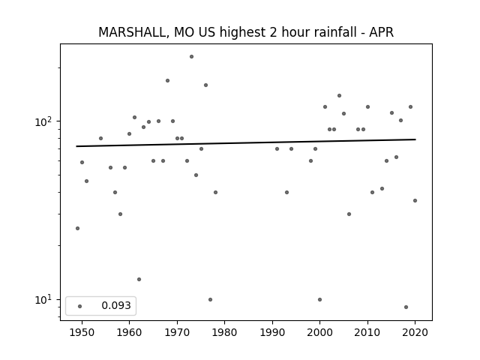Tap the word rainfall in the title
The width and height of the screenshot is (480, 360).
coord(336,32)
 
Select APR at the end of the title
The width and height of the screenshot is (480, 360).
coord(382,32)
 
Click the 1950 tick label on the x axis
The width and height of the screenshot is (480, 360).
coord(82,332)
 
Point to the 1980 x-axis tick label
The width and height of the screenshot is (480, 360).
coord(225,332)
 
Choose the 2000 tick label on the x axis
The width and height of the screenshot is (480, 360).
coord(320,332)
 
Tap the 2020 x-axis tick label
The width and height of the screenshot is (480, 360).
coord(415,332)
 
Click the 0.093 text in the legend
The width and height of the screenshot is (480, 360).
coord(116,305)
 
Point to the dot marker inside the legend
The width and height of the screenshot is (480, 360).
coord(80,306)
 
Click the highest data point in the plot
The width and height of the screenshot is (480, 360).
coord(192,57)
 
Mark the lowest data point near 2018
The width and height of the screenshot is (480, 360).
coord(406,307)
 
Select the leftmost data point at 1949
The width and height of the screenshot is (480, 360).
coord(77,228)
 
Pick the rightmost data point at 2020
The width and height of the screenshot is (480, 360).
coord(415,200)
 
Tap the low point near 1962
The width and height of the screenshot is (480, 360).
coord(139,279)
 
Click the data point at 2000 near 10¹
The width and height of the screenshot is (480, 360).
coord(320,300)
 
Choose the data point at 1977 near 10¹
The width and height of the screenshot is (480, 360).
coord(210,300)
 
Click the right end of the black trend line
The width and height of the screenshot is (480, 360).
coord(415,139)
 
